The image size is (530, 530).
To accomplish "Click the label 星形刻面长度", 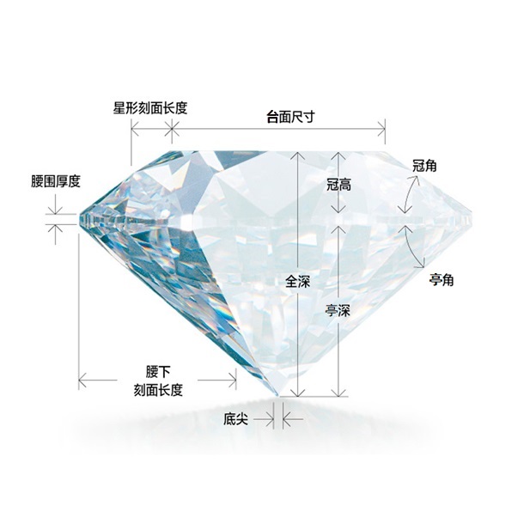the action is tap(150, 108).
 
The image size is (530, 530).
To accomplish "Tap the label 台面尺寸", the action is tap(290, 117).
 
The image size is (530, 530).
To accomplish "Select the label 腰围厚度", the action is tap(56, 181).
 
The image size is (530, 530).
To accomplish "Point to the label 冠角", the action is tap(424, 166).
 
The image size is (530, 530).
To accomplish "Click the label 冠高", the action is tap(338, 185).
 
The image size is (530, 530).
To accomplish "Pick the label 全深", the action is tap(298, 281).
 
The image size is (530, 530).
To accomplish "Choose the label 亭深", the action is tap(338, 310).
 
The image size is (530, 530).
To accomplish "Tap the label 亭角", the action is tap(442, 280).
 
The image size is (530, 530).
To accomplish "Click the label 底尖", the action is tap(235, 419).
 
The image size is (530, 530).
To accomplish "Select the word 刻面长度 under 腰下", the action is tap(158, 390).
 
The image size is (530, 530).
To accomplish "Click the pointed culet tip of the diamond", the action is tap(277, 395).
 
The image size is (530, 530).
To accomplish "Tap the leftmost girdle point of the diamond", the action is tap(79, 220).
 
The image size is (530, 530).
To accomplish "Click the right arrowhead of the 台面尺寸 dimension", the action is tap(381, 129).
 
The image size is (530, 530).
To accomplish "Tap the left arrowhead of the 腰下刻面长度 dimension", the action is tap(82, 380).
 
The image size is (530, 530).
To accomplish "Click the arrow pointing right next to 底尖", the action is tap(264, 419).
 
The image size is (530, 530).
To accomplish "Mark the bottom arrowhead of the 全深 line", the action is tap(297, 392).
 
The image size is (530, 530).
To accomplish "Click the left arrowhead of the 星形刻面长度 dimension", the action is tap(135, 129).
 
